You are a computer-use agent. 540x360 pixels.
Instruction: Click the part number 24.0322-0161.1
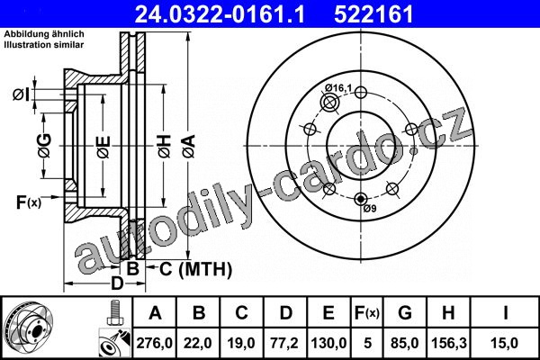click(220, 14)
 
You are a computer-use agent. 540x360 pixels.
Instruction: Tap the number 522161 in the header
click(373, 14)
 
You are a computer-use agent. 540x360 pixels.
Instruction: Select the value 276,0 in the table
click(154, 343)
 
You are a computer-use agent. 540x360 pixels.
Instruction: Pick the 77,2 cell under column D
click(284, 343)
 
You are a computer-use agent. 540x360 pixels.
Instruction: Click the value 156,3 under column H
click(449, 343)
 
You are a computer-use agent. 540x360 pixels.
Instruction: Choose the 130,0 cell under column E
click(328, 343)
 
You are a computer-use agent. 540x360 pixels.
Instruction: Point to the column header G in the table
click(405, 313)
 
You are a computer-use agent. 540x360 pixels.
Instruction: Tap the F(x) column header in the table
click(366, 313)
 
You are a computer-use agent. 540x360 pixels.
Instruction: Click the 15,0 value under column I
click(505, 343)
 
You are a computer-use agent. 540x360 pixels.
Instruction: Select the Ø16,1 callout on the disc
click(338, 88)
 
